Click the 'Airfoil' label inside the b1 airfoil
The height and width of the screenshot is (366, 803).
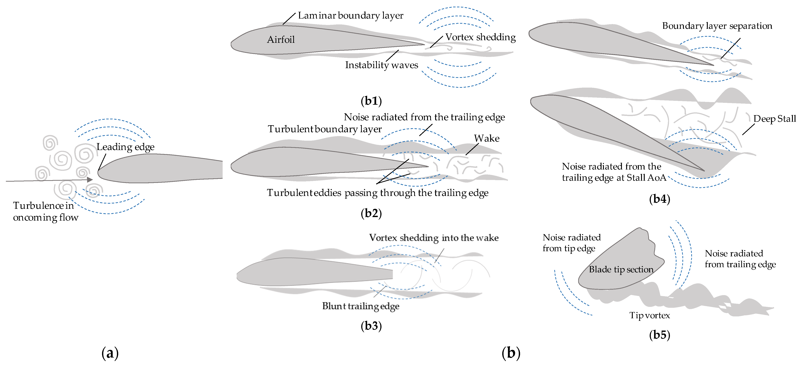(281, 39)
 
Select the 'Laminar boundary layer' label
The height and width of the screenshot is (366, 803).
(350, 16)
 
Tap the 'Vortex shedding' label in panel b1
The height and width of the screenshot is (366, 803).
(480, 37)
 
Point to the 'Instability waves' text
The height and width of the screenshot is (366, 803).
(381, 65)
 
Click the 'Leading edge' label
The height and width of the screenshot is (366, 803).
(125, 147)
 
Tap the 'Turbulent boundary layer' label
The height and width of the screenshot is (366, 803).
(324, 129)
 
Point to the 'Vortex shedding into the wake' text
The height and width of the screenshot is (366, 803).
(434, 238)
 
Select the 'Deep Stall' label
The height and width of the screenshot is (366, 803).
(774, 119)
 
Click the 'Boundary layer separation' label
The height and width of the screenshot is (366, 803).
(717, 26)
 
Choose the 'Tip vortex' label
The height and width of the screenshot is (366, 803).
(649, 315)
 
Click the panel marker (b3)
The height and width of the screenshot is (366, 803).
(371, 326)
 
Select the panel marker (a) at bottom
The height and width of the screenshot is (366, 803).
(110, 353)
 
